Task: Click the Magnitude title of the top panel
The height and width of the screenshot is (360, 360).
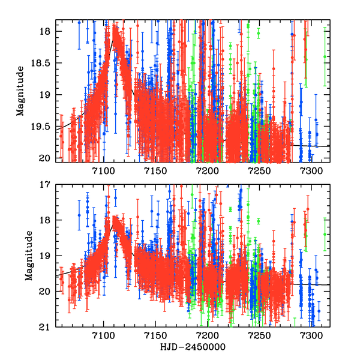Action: tap(20, 95)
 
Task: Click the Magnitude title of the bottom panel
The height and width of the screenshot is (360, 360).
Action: tap(28, 256)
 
